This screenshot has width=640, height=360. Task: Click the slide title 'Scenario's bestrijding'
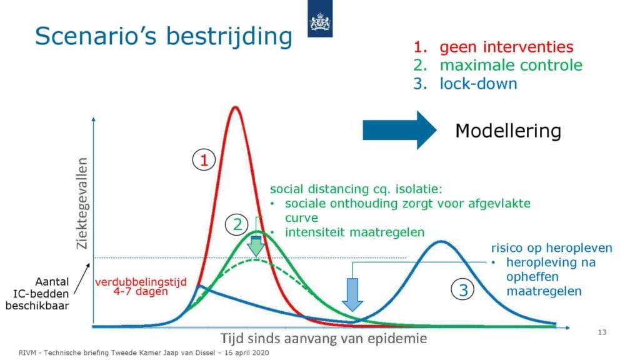(x=164, y=36)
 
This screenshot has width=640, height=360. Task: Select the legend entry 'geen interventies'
(x=506, y=47)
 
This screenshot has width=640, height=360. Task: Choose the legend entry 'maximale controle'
(x=511, y=65)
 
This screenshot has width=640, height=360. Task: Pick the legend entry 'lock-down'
(x=478, y=84)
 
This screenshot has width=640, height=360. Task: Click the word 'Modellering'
(x=508, y=131)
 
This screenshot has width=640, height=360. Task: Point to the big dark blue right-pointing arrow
(x=399, y=130)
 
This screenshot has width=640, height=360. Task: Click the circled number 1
(x=204, y=160)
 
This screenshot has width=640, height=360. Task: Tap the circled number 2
(x=237, y=224)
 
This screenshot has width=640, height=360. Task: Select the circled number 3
(x=463, y=290)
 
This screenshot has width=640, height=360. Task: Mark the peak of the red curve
(x=235, y=107)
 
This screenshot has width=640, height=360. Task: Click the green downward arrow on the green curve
(x=256, y=246)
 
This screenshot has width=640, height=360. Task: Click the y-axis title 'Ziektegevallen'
(x=82, y=203)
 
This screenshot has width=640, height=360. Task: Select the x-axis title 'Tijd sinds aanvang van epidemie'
(x=324, y=338)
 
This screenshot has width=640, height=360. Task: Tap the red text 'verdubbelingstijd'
(x=141, y=282)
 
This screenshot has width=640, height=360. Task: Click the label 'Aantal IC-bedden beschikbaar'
(x=37, y=294)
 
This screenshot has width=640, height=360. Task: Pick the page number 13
(x=602, y=332)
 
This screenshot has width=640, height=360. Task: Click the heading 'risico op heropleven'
(x=551, y=247)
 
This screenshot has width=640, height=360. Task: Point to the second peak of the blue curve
(x=441, y=242)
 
